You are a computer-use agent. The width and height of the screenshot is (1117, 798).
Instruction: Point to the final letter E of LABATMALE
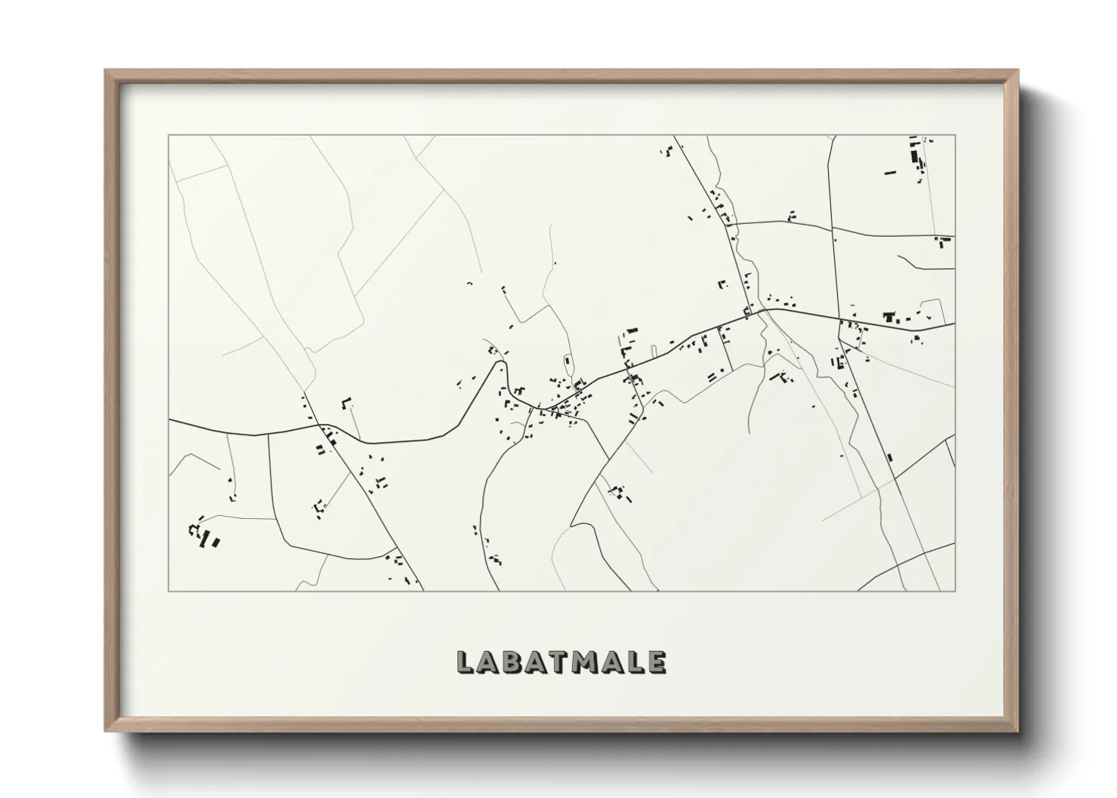click(x=657, y=662)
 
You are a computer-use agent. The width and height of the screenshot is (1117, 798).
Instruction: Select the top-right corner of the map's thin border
click(x=955, y=135)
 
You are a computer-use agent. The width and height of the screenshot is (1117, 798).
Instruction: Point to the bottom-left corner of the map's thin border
click(x=168, y=591)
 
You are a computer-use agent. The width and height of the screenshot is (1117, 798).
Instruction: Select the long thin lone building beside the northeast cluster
click(x=890, y=173)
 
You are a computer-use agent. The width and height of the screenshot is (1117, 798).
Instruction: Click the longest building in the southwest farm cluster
click(x=215, y=542)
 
